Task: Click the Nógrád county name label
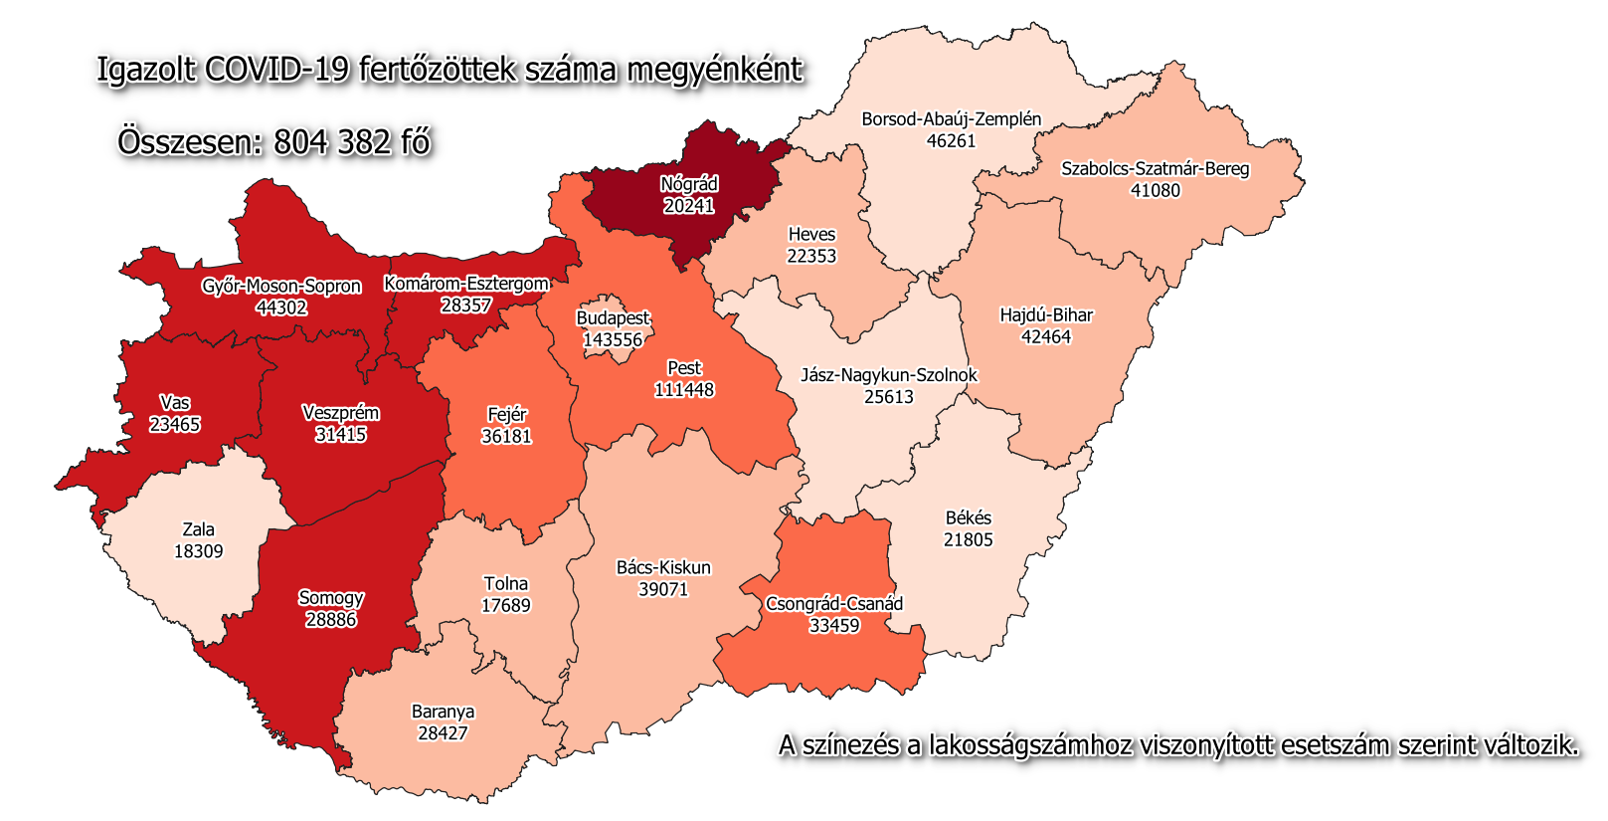689,184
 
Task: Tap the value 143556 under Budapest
613,340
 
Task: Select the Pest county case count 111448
684,390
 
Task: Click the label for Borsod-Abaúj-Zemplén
951,119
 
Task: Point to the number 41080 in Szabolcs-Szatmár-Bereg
1156,191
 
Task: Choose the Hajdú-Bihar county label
1046,315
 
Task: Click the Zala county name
198,529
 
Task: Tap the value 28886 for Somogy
330,620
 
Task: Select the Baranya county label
443,712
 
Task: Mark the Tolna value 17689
505,606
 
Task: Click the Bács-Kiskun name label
663,568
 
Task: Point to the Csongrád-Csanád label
834,604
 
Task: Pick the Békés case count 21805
968,540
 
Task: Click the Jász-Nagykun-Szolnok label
889,375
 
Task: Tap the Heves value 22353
811,257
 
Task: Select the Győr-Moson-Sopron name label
281,287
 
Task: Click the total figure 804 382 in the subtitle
332,142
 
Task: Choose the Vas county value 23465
175,425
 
